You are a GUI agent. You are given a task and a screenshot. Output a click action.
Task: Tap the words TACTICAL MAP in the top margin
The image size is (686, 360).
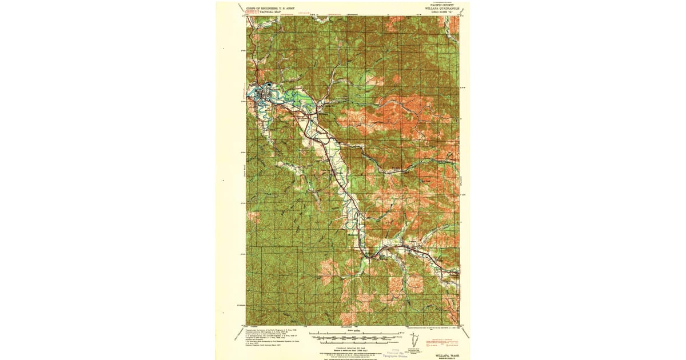260,12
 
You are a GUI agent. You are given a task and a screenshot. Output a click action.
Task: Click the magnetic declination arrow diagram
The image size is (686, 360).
417,340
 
